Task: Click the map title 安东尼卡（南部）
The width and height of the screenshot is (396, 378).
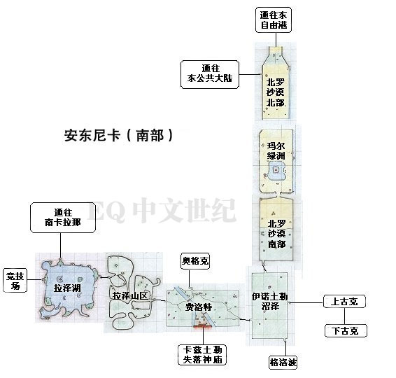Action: tap(119, 135)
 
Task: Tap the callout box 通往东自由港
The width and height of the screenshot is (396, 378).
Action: tap(274, 20)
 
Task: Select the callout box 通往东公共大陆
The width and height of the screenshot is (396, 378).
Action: tap(210, 74)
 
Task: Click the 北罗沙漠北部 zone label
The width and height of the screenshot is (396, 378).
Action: tap(276, 92)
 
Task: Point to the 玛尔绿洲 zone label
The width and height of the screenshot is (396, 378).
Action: tap(276, 150)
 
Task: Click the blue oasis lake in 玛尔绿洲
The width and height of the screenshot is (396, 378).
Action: tap(276, 171)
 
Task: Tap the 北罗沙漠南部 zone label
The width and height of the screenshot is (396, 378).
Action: tap(277, 234)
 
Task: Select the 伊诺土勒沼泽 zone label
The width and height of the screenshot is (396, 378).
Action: tap(270, 302)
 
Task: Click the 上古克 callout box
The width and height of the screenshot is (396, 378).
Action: tap(344, 301)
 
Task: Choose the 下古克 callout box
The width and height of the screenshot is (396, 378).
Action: tap(346, 330)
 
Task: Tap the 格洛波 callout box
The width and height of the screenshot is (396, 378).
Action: tap(283, 363)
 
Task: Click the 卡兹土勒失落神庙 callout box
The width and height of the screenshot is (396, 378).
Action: tap(202, 355)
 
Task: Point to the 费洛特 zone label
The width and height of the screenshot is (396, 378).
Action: tap(199, 307)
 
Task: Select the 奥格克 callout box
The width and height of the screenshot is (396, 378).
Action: tap(195, 261)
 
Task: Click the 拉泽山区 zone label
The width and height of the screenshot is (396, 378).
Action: tap(130, 295)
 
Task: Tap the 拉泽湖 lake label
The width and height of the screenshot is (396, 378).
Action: tap(67, 288)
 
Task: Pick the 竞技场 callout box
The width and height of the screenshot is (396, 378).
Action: tap(15, 281)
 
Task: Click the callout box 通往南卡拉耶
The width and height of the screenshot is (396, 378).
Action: tap(63, 218)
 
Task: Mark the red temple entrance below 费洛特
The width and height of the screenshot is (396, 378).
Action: tap(202, 327)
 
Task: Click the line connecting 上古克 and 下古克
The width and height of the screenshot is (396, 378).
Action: tap(345, 316)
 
